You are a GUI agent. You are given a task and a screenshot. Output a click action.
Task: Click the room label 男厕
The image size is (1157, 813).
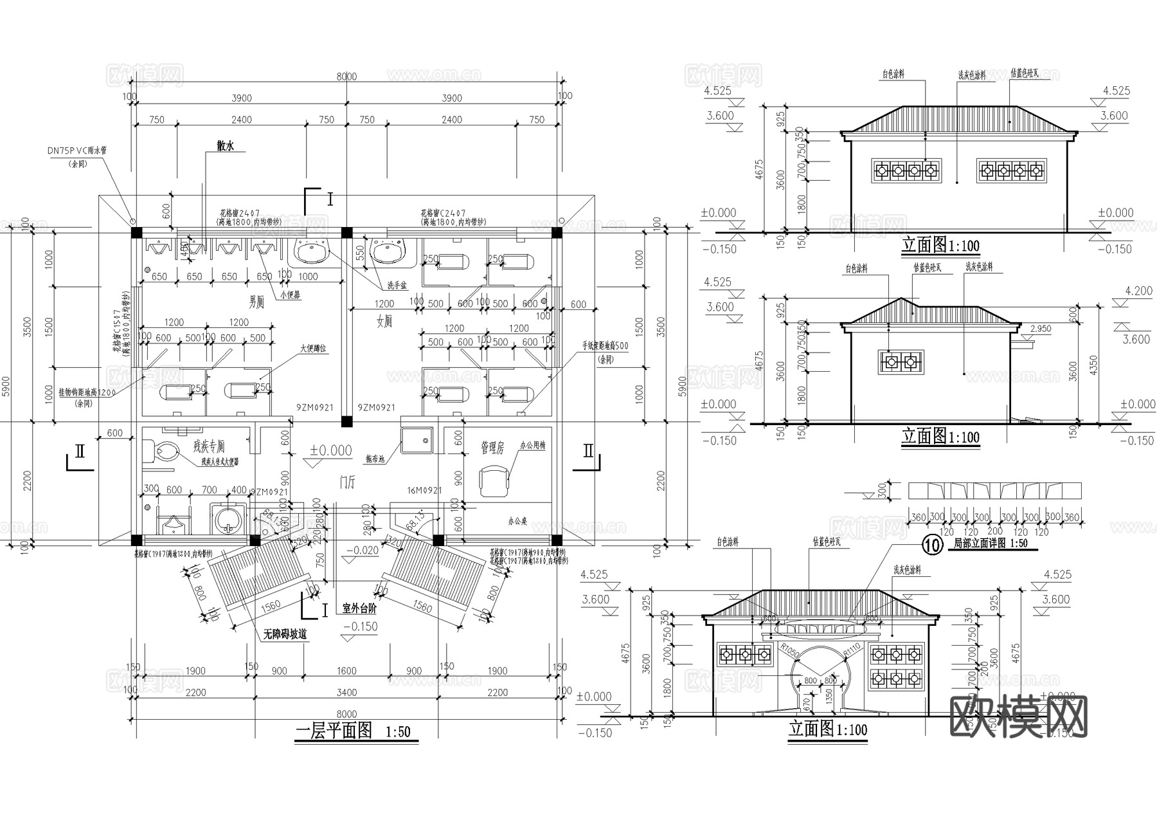tap(256, 302)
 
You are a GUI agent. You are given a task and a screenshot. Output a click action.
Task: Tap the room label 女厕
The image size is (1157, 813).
tap(384, 322)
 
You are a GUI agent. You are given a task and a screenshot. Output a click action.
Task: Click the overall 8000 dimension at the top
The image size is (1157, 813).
tap(346, 77)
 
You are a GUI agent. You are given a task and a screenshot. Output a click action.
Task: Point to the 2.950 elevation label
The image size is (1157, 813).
tap(1040, 329)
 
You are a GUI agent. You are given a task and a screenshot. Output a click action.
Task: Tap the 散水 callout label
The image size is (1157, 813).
tap(225, 147)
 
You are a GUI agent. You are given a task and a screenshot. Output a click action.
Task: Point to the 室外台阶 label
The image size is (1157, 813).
tap(359, 608)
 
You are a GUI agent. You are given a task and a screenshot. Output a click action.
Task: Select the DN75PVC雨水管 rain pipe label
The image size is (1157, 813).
tap(76, 150)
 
